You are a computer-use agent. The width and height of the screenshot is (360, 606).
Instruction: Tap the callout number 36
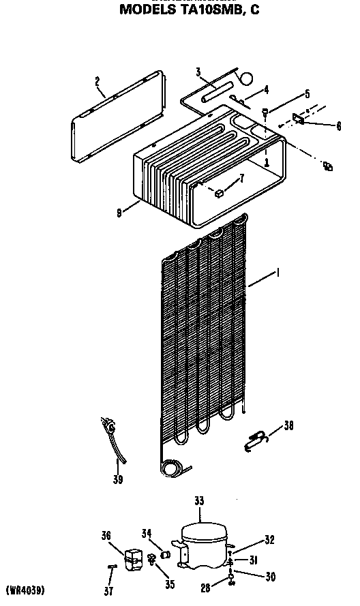click(106, 536)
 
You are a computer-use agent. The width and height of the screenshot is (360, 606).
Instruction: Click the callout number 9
click(120, 212)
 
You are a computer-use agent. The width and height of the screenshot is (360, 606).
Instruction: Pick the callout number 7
click(241, 179)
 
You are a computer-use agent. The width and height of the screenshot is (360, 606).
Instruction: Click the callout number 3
click(198, 72)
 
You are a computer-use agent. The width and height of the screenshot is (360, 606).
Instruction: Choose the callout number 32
click(269, 540)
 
